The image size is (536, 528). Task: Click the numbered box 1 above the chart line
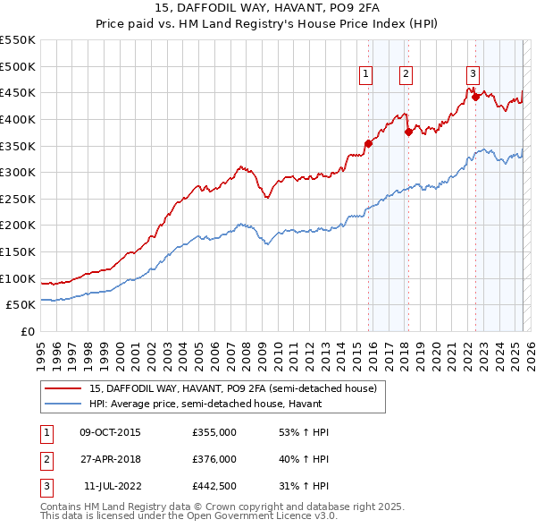coord(366,75)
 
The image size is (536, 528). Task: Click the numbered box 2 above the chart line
coord(406,75)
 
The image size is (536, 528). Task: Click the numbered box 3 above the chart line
coord(473,75)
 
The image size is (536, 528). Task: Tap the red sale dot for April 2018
coord(408,132)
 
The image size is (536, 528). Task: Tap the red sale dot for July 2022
coord(475,97)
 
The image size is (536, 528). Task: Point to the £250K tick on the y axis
coord(19,199)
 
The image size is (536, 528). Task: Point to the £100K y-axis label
coord(19,278)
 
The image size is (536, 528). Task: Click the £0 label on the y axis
coord(27,332)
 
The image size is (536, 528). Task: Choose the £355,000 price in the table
coord(214,433)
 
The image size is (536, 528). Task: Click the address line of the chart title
coord(267,10)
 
